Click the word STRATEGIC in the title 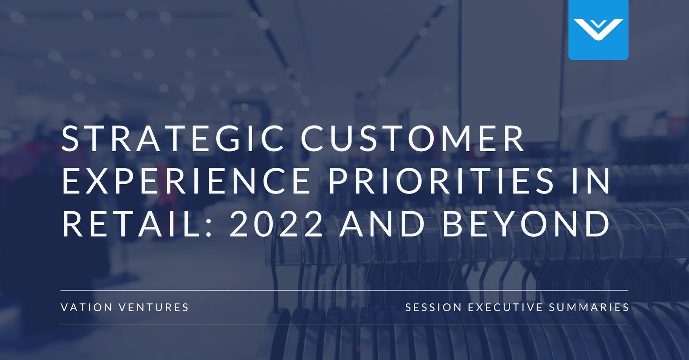[x=172, y=138]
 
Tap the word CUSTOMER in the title [x=413, y=138]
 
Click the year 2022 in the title [x=276, y=224]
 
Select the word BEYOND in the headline [x=526, y=224]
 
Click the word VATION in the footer [x=87, y=307]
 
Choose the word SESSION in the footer [x=433, y=307]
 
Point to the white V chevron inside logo [x=598, y=29]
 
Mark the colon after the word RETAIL [x=209, y=226]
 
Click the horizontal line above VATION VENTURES [x=344, y=291]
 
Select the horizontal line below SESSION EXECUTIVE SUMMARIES [x=344, y=324]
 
